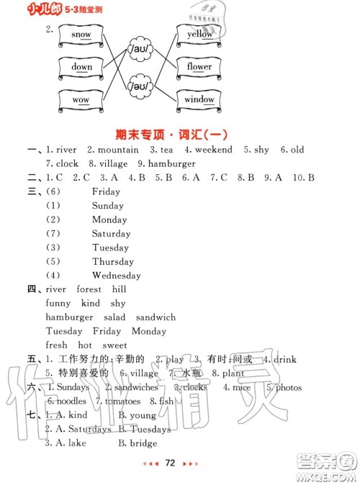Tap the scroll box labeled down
tap(82, 67)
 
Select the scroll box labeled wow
tap(81, 99)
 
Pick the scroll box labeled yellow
tap(199, 34)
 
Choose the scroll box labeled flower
tap(199, 67)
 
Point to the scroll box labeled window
tap(199, 99)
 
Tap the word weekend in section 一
tap(214, 150)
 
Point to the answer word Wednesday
tap(117, 276)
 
